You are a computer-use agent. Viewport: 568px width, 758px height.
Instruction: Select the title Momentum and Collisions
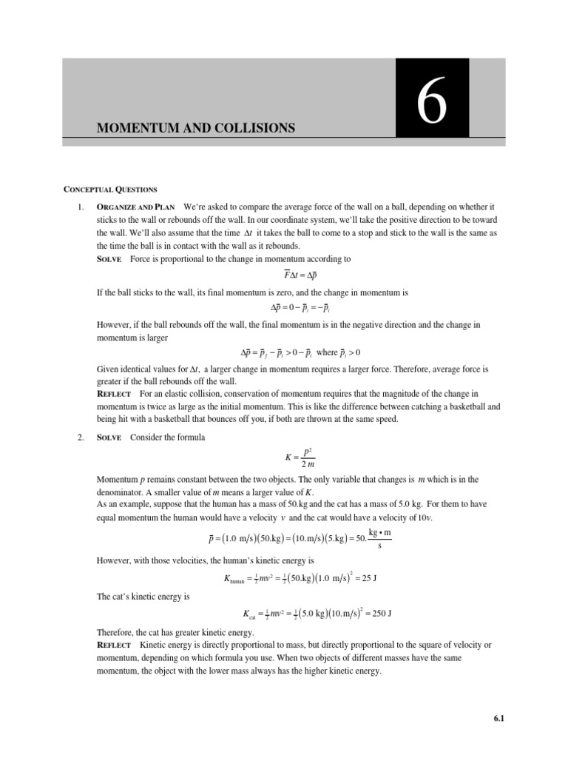pos(196,128)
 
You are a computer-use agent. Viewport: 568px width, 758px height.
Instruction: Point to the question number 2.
pos(81,437)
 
